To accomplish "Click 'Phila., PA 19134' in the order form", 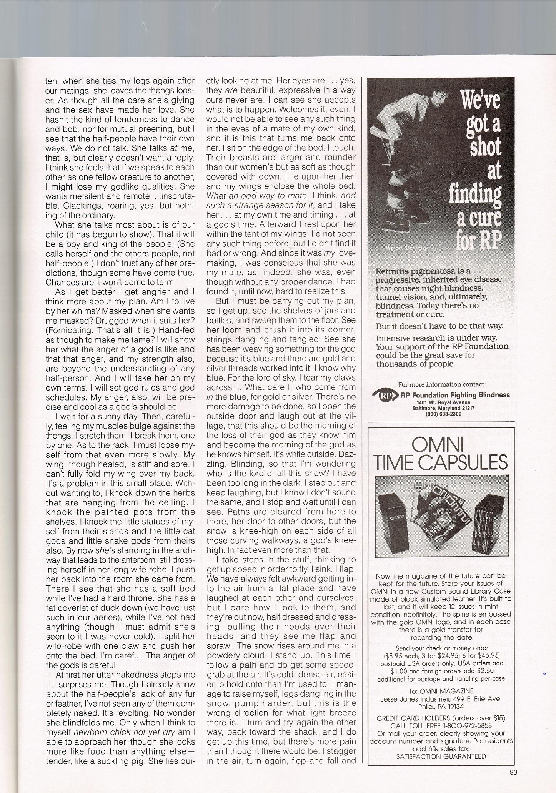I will (441, 707).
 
